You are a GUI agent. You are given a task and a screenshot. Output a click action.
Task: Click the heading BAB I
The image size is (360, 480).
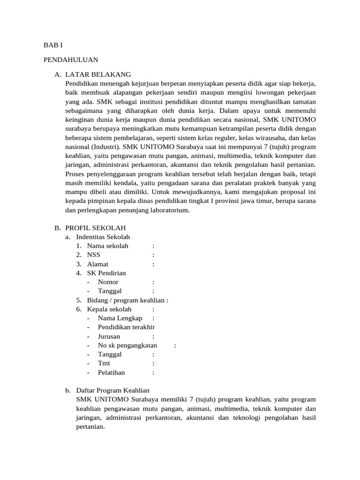pos(52,45)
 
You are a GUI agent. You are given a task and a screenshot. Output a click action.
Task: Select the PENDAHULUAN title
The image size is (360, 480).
pos(70,60)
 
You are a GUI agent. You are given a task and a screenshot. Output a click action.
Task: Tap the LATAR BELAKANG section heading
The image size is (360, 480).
pos(98,75)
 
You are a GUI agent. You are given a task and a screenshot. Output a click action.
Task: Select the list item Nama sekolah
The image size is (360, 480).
pos(107,246)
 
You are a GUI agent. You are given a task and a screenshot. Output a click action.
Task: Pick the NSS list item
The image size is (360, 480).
pos(94,255)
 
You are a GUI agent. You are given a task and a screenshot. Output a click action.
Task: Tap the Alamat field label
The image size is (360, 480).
pos(97,264)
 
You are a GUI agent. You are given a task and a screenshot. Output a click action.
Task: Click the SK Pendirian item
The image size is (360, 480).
pos(106,273)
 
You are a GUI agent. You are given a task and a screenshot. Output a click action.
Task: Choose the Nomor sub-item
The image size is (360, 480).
pos(108,282)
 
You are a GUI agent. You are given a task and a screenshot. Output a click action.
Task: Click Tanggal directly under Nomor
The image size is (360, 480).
pos(110,291)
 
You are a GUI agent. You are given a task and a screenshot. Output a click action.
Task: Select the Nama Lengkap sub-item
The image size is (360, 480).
pos(120,318)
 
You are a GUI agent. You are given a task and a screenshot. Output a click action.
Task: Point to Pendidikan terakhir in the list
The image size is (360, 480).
pos(126,327)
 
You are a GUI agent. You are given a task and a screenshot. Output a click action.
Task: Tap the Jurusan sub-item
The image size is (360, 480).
pos(109,336)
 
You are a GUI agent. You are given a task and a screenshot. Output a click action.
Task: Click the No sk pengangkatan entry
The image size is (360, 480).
pos(127,345)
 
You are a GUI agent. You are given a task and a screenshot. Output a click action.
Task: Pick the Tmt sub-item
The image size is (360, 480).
pos(103,363)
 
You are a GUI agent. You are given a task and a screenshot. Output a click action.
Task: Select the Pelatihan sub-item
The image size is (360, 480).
pos(111,373)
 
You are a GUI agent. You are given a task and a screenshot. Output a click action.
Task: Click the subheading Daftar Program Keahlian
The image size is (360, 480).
pos(112,390)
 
